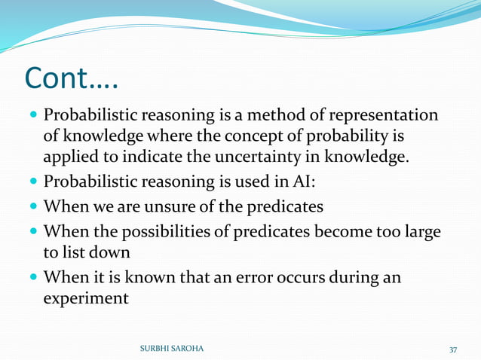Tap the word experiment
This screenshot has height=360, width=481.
tap(85, 298)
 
